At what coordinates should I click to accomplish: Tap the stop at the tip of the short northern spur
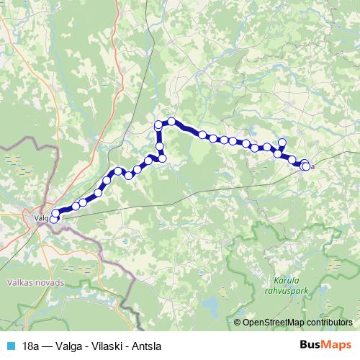coord(282,140)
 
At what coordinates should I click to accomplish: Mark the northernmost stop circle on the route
coord(171,121)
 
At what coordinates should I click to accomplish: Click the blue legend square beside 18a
coord(9,345)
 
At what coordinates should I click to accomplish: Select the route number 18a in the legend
coord(29,345)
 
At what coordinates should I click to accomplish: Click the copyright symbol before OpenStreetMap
coord(238,322)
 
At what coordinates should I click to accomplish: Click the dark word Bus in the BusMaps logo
coord(308,344)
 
